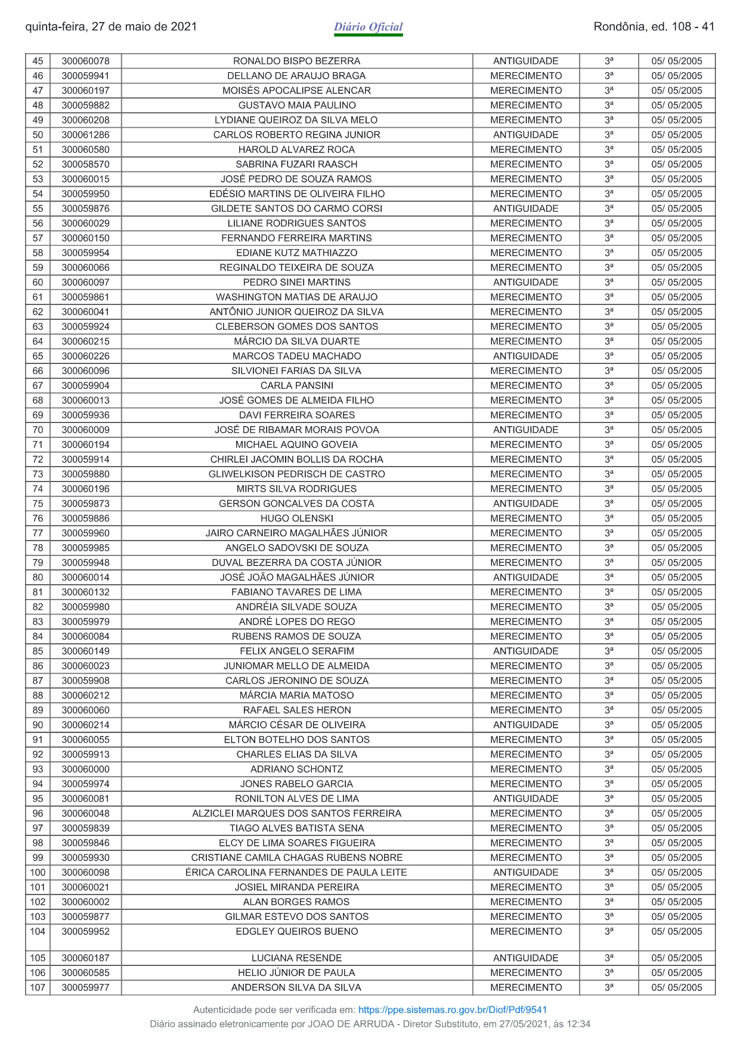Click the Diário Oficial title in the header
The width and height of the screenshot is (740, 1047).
click(368, 27)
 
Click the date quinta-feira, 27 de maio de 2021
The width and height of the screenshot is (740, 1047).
click(111, 27)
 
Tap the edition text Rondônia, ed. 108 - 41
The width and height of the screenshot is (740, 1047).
click(654, 27)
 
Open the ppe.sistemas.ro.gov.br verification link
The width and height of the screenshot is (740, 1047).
click(452, 1009)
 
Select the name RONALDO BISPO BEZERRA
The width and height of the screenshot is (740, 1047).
click(296, 61)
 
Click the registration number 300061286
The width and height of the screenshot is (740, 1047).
click(85, 135)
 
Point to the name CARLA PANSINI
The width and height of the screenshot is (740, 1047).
click(296, 385)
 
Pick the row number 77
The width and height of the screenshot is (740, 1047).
click(38, 533)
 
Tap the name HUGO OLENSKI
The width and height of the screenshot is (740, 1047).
click(296, 518)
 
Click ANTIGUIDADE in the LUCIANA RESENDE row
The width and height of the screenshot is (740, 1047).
click(525, 958)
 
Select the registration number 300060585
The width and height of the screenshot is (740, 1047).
click(85, 972)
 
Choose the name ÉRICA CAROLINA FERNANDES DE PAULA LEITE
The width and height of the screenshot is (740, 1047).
click(296, 872)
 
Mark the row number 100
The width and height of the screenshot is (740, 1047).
click(38, 872)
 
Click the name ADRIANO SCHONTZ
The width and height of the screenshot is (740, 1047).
click(296, 769)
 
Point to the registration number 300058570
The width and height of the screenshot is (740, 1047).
click(85, 164)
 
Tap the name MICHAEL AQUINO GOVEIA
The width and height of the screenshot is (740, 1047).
click(296, 444)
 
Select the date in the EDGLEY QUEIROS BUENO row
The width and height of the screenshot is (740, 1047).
click(676, 931)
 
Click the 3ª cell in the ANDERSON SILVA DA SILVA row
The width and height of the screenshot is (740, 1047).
click(608, 987)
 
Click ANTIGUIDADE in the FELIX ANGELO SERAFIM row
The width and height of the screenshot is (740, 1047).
click(525, 651)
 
